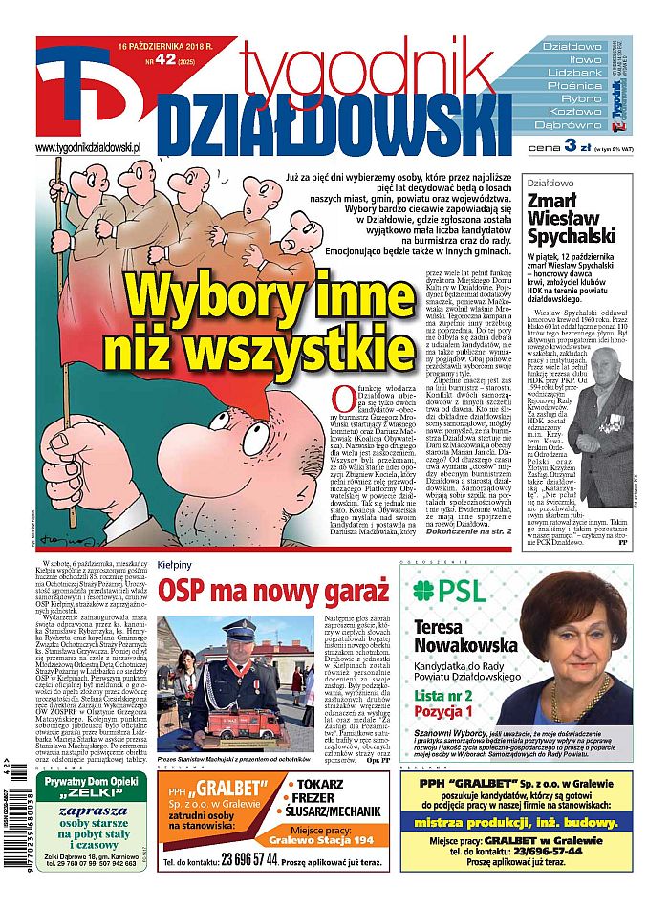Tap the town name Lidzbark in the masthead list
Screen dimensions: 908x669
(x=574, y=72)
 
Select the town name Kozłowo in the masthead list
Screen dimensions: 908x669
(x=574, y=111)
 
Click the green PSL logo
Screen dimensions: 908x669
(x=453, y=588)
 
